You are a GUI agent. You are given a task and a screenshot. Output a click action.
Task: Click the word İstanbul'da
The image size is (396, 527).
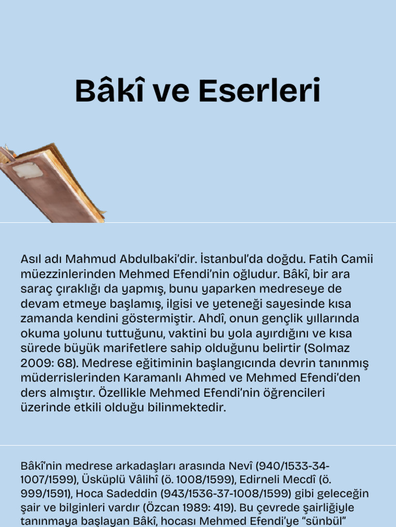(227, 258)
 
